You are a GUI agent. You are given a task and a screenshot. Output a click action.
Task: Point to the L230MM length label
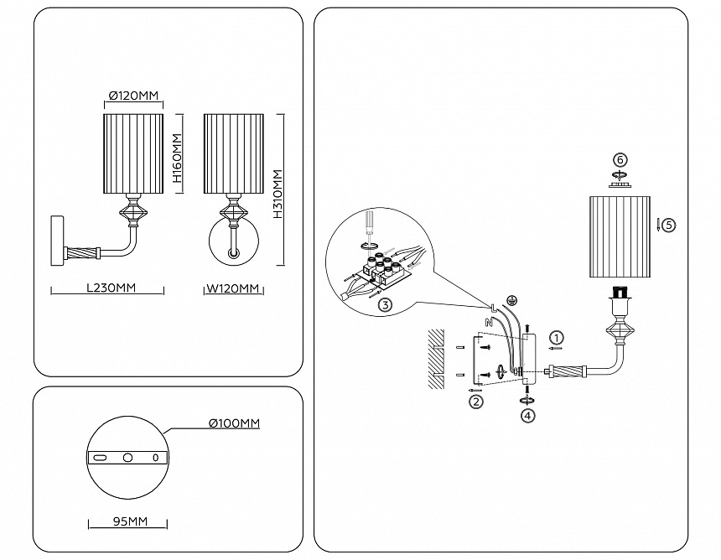112,288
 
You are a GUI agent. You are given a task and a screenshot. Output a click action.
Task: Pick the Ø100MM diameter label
234,423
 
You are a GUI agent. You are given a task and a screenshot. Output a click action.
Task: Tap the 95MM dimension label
129,521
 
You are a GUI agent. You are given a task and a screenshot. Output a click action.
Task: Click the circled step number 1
554,338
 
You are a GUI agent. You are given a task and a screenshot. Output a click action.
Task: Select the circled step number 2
475,402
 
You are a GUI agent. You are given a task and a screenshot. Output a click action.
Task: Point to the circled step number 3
385,304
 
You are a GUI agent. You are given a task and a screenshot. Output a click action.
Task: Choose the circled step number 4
526,414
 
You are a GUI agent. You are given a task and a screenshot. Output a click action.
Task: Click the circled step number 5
668,225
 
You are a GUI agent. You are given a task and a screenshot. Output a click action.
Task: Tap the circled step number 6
620,159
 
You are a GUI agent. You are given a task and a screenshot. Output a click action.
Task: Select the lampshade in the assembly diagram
620,236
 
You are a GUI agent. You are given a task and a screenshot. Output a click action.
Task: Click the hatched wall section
433,358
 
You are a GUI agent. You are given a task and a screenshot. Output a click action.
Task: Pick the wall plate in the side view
57,241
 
